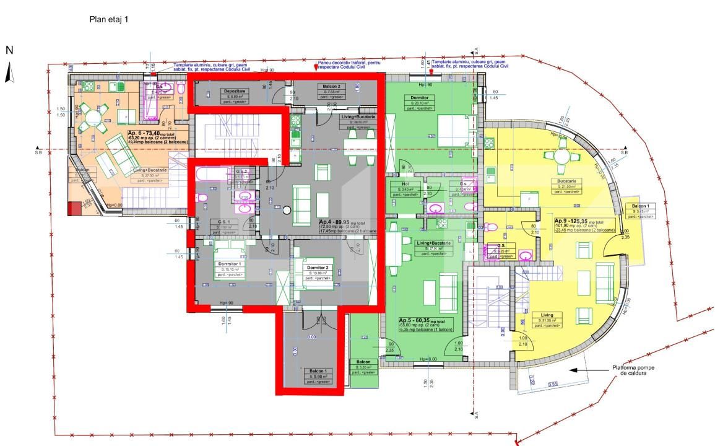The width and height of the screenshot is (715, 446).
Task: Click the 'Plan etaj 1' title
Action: tap(109, 20)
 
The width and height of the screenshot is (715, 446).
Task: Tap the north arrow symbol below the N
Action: tap(9, 74)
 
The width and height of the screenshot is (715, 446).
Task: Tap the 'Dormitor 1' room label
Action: tap(230, 264)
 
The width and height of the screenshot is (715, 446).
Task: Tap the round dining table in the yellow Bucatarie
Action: tap(561, 154)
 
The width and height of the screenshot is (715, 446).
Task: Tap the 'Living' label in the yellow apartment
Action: tap(547, 315)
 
